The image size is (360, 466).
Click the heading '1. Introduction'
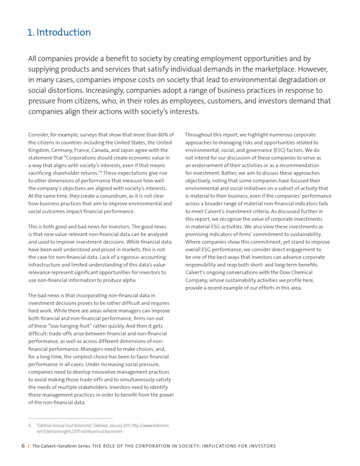tap(59, 32)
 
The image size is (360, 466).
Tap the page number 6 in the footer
tap(22, 446)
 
